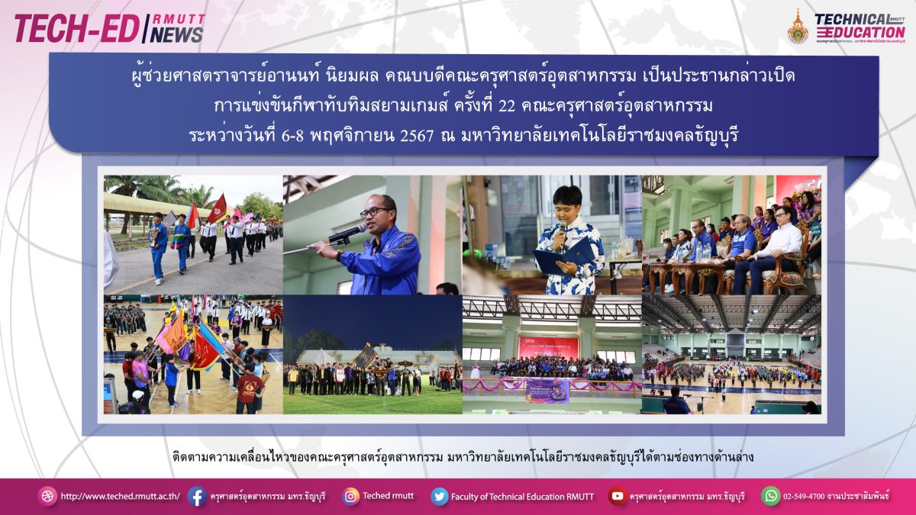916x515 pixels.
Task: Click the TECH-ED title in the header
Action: pyautogui.click(x=76, y=29)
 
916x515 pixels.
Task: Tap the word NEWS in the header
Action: pyautogui.click(x=176, y=35)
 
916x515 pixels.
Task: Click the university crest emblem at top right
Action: pyautogui.click(x=798, y=27)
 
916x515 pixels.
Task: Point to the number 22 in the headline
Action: pyautogui.click(x=507, y=106)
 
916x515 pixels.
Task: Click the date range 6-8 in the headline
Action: pyautogui.click(x=292, y=136)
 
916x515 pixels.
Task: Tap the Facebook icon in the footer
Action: pyautogui.click(x=197, y=496)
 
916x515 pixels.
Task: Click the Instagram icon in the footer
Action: pyautogui.click(x=350, y=497)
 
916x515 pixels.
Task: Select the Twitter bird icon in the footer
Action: pyautogui.click(x=440, y=497)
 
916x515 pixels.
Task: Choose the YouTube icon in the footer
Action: pyautogui.click(x=617, y=496)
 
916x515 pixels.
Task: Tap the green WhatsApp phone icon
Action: pyautogui.click(x=770, y=496)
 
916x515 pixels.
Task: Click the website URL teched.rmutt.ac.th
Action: pyautogui.click(x=121, y=497)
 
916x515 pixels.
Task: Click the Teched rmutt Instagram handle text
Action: pyautogui.click(x=388, y=496)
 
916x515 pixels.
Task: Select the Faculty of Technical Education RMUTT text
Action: pyautogui.click(x=522, y=497)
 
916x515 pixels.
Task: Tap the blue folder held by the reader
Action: pyautogui.click(x=563, y=256)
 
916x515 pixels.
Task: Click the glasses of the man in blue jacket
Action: pyautogui.click(x=375, y=212)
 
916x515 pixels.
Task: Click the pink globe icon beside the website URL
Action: pyautogui.click(x=47, y=497)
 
